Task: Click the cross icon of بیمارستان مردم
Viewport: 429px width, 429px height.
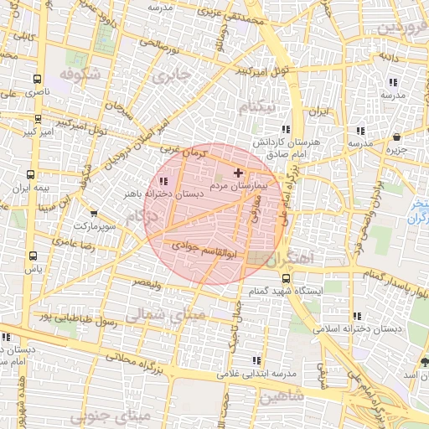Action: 238,172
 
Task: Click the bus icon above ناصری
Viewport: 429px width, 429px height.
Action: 36,79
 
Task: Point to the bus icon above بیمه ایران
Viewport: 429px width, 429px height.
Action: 31,176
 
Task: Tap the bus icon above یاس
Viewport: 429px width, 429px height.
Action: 33,256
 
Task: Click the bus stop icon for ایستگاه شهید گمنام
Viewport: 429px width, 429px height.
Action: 287,278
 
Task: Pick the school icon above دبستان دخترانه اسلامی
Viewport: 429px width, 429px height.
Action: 358,317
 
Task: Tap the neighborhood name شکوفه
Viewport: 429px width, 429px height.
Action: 80,74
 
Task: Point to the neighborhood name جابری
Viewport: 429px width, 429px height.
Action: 173,77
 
